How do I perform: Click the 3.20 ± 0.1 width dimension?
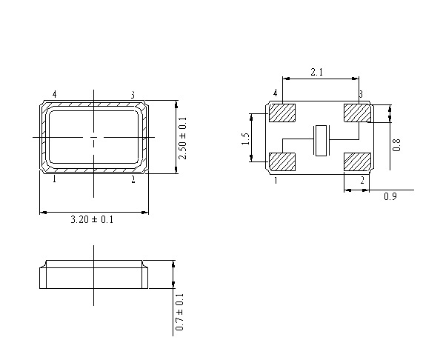pyautogui.click(x=92, y=219)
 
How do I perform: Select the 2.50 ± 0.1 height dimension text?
pyautogui.click(x=183, y=139)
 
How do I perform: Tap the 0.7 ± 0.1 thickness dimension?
pyautogui.click(x=180, y=312)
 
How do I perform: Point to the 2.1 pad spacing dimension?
pyautogui.click(x=317, y=73)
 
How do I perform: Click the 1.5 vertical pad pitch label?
pyautogui.click(x=246, y=139)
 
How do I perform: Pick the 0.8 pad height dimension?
pyautogui.click(x=396, y=144)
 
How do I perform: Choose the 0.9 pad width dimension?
pyautogui.click(x=390, y=196)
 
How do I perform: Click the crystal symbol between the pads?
pyautogui.click(x=321, y=141)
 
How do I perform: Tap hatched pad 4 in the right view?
pyautogui.click(x=282, y=113)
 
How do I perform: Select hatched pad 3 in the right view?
pyautogui.click(x=357, y=113)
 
